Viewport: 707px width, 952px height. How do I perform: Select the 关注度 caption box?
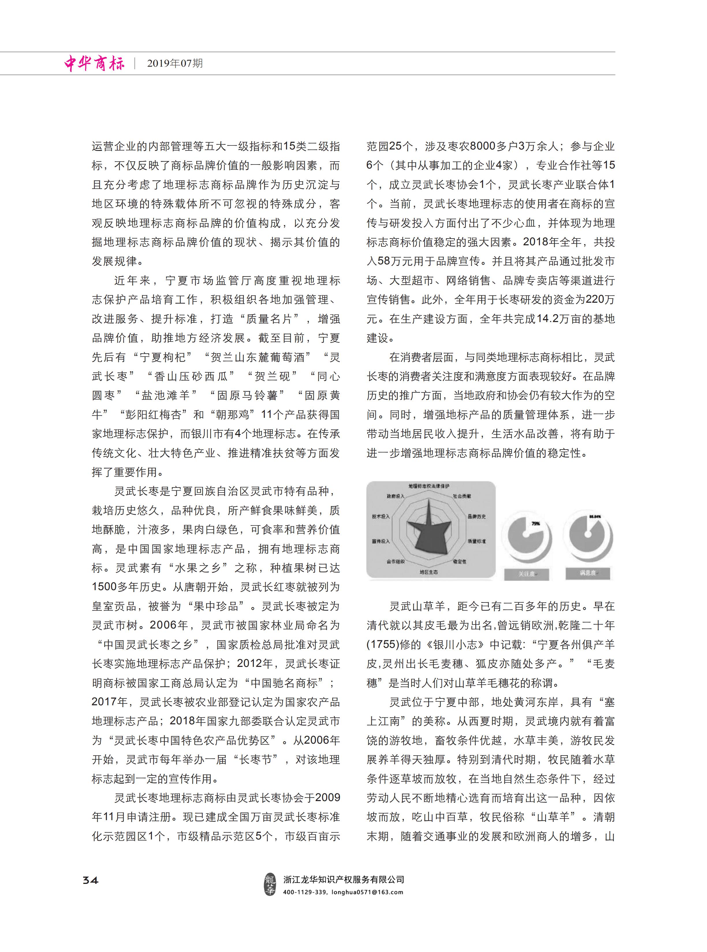(x=526, y=573)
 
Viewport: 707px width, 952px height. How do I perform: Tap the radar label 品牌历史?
(x=477, y=517)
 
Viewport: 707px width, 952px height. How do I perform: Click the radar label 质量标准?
(x=477, y=541)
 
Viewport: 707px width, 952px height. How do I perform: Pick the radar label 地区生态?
(x=428, y=572)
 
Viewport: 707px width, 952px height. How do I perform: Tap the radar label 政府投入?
(x=395, y=497)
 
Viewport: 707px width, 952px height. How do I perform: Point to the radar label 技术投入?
(x=381, y=517)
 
